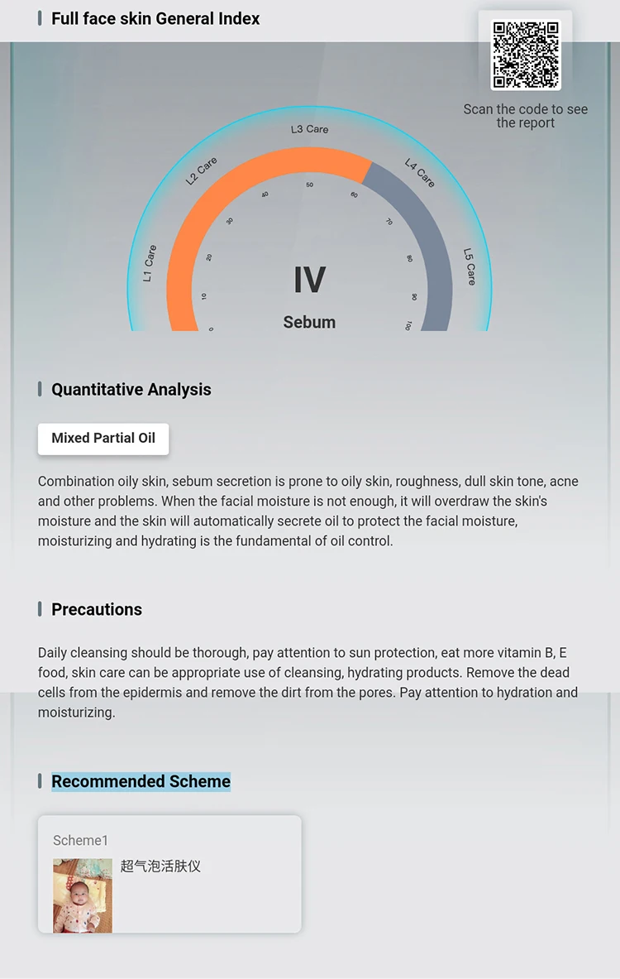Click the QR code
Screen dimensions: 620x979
(526, 55)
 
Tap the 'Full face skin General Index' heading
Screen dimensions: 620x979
(155, 19)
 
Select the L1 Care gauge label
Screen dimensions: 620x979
(150, 263)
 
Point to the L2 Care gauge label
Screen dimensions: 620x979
(201, 170)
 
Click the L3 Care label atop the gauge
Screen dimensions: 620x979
(309, 129)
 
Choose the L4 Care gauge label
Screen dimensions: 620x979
(419, 173)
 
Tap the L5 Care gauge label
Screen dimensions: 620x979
(470, 266)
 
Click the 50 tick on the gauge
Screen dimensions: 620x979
(309, 185)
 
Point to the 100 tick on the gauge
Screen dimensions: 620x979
(408, 325)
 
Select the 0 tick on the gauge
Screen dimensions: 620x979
(211, 329)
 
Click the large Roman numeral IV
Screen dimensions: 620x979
(309, 280)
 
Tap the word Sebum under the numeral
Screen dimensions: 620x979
(309, 322)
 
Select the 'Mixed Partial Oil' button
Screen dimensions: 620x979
(103, 439)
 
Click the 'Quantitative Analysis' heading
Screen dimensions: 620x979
(131, 390)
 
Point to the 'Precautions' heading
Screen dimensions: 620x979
(97, 609)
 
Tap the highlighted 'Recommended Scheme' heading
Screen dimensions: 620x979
(141, 782)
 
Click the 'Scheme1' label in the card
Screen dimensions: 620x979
(80, 841)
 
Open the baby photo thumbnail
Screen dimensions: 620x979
(83, 896)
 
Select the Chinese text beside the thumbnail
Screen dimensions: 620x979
(160, 866)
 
